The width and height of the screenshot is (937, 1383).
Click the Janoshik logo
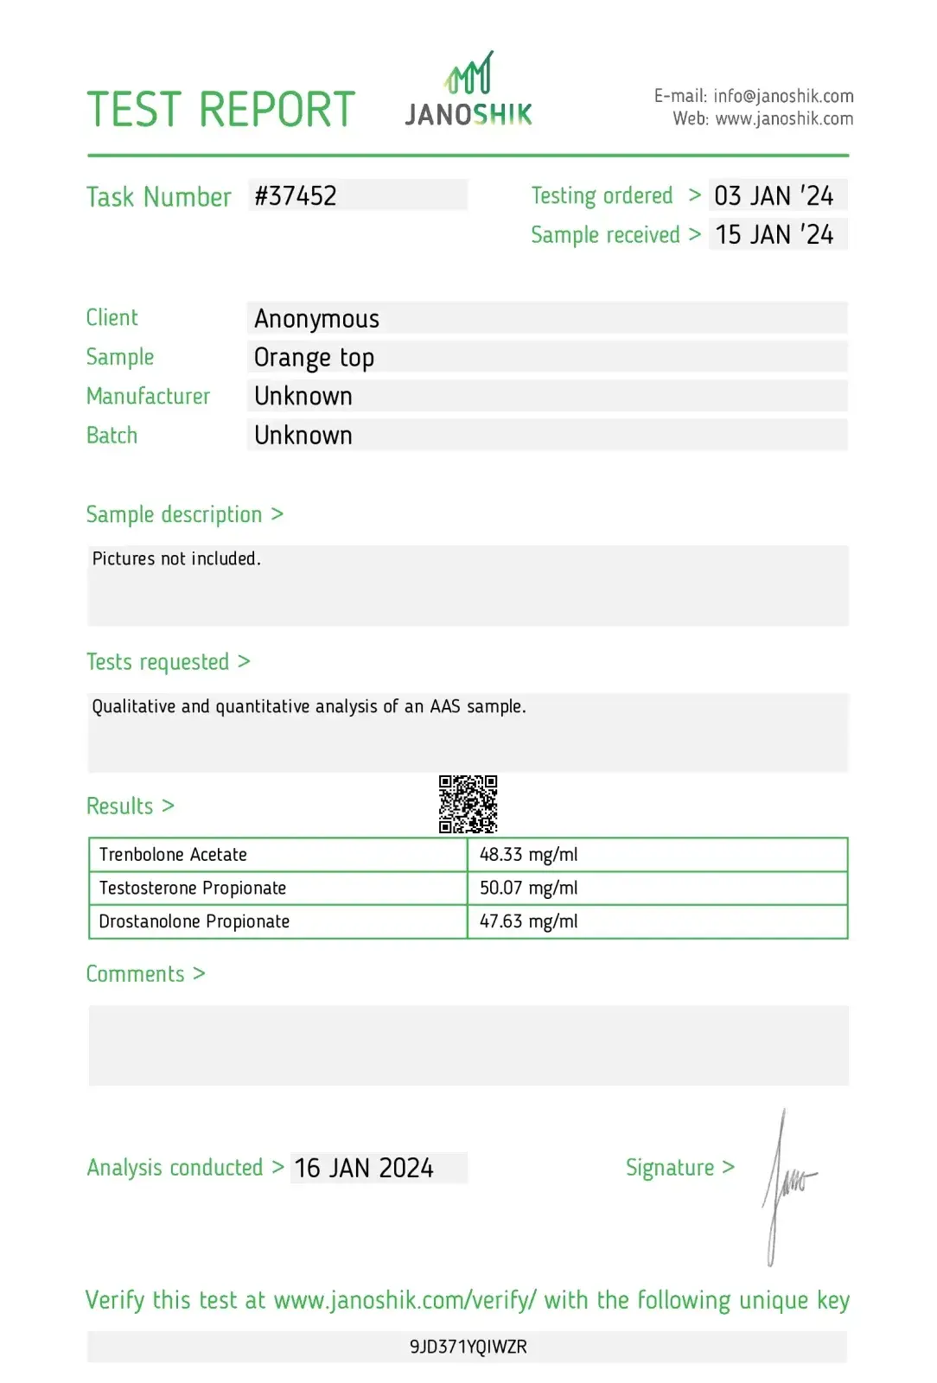(x=468, y=92)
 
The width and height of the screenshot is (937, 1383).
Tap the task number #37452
(x=296, y=196)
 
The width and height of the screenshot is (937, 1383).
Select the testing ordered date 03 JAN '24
(x=774, y=196)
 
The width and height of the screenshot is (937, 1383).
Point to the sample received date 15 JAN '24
(x=774, y=235)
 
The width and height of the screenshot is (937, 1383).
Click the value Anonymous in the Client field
(x=316, y=319)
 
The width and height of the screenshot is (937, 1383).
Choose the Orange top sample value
(x=314, y=358)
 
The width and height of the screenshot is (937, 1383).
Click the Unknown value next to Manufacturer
(x=303, y=397)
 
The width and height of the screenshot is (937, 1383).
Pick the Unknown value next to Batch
(x=303, y=436)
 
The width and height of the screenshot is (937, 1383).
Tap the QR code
(x=468, y=804)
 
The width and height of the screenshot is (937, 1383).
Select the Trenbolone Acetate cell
(x=173, y=855)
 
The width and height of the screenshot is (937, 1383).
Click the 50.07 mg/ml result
(x=528, y=888)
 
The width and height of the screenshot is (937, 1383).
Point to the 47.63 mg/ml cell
(x=528, y=921)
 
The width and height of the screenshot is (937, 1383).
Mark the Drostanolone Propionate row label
(x=194, y=921)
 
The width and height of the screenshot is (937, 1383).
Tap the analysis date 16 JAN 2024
(x=364, y=1169)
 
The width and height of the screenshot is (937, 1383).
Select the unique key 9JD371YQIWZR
(x=468, y=1347)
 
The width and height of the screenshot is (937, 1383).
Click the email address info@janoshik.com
(x=783, y=96)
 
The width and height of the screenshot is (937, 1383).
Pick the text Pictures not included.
(x=176, y=559)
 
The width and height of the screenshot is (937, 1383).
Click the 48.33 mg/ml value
(x=528, y=855)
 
